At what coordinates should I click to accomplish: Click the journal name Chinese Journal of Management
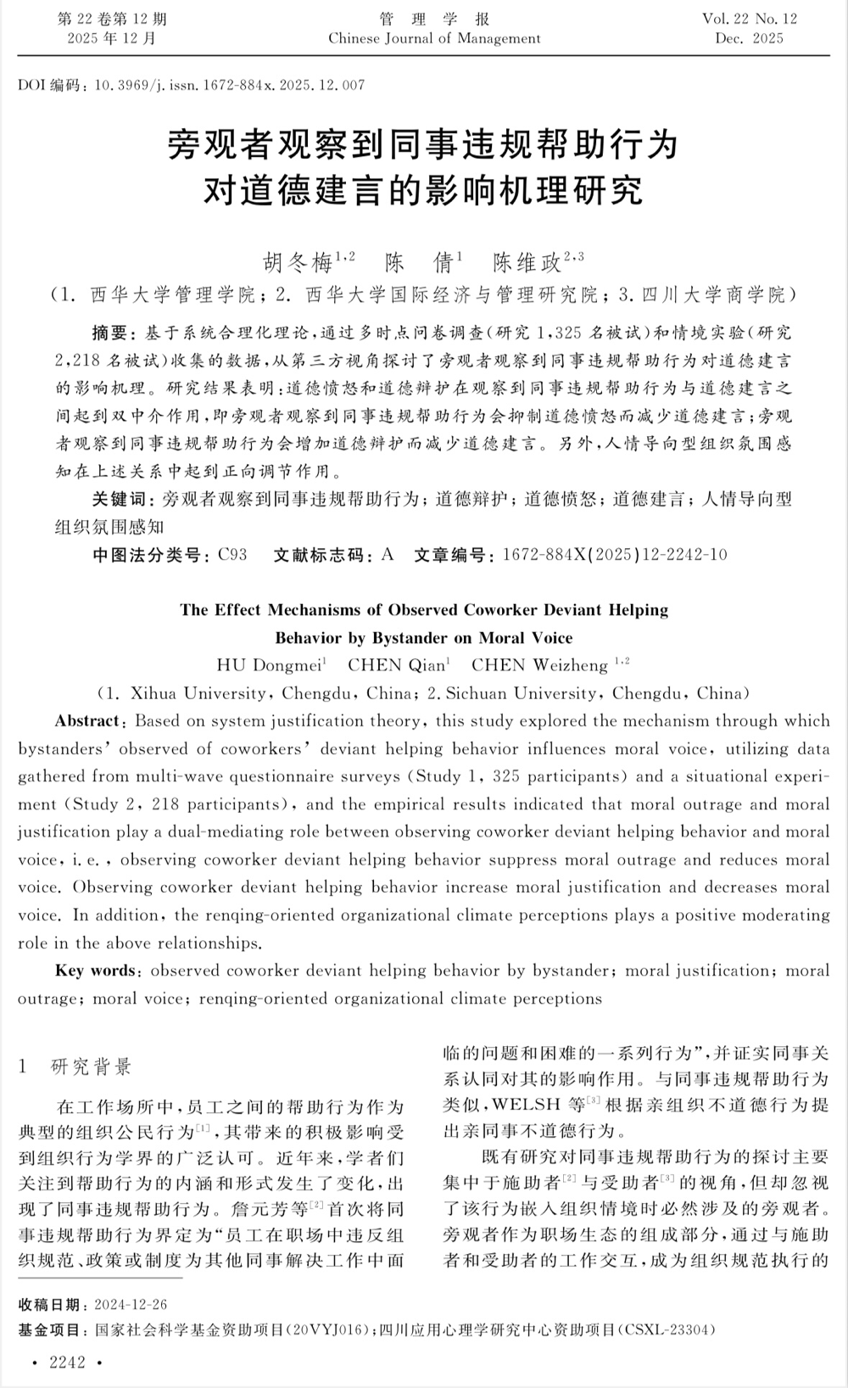[x=434, y=38]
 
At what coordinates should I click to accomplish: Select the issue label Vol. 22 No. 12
[x=750, y=19]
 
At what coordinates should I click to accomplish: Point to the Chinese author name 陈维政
[x=527, y=263]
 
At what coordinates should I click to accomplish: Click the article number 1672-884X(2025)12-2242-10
[x=615, y=555]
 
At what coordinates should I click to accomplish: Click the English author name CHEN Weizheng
[x=539, y=665]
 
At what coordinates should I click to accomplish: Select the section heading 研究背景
[x=92, y=1066]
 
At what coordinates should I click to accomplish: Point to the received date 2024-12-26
[x=131, y=1304]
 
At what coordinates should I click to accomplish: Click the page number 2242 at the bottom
[x=68, y=1363]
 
